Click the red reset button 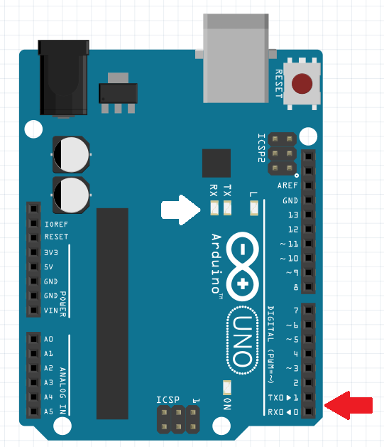(x=302, y=84)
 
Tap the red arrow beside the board (x=349, y=405)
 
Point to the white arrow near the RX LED (x=181, y=210)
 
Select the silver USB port (x=236, y=58)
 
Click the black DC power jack (x=63, y=78)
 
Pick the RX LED (x=214, y=208)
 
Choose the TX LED (x=227, y=208)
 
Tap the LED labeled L (x=254, y=208)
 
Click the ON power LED (x=227, y=388)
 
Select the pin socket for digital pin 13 (x=308, y=215)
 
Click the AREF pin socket (x=308, y=185)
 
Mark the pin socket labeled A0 (x=33, y=339)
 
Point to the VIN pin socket (x=33, y=310)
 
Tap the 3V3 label (x=51, y=252)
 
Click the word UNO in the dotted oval (x=243, y=340)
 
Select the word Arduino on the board (x=216, y=264)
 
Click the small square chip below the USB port (x=216, y=163)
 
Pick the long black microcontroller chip (x=112, y=313)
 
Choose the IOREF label (x=56, y=225)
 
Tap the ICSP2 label (x=261, y=148)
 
